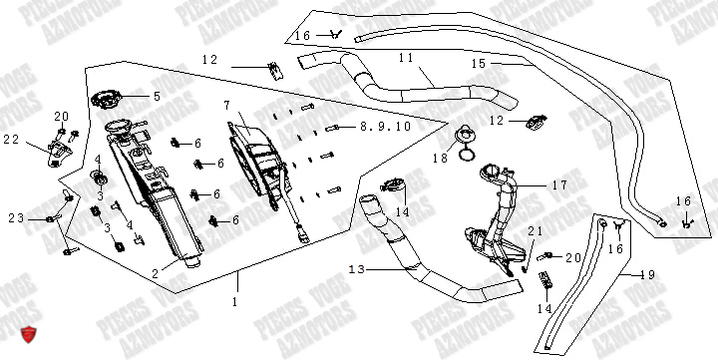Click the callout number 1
235,300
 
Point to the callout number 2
155,271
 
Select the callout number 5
156,97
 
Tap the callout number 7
226,105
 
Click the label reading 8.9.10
372,127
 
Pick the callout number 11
405,59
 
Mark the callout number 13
356,269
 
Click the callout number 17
558,184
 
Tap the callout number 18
440,158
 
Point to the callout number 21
534,230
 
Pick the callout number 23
15,218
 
